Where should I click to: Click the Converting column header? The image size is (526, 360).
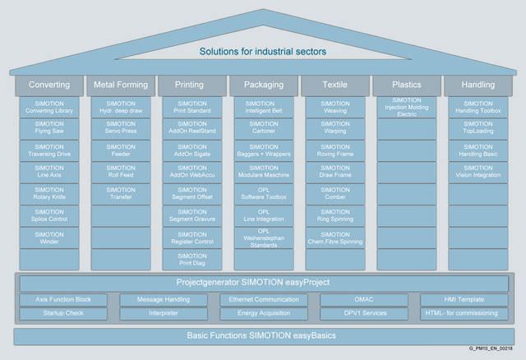tap(49, 85)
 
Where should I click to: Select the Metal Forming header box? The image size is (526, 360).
tap(121, 85)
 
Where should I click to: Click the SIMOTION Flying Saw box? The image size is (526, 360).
tap(49, 128)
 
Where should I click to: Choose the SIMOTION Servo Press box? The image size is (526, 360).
tap(121, 128)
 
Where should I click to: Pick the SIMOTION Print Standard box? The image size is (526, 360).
tap(191, 107)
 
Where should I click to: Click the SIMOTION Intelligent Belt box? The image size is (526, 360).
tap(263, 107)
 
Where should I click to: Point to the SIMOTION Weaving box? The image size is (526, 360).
tap(335, 107)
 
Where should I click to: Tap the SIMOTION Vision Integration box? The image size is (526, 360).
tap(478, 171)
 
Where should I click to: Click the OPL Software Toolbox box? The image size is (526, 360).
tap(263, 193)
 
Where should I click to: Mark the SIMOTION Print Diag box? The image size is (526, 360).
tap(191, 259)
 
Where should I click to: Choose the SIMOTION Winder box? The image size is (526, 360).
tap(49, 237)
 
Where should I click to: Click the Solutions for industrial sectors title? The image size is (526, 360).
tap(263, 53)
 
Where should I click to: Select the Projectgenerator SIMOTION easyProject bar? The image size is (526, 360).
tap(263, 283)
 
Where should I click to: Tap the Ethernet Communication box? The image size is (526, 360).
tap(263, 300)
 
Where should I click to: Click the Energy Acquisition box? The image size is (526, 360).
tap(263, 313)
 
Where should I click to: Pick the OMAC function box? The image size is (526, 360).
tap(363, 300)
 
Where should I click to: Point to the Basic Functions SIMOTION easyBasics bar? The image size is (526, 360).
tap(263, 335)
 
